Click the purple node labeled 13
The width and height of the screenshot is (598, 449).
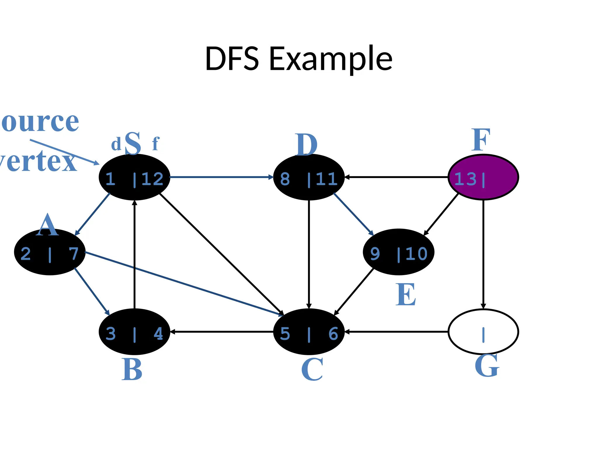coord(483,177)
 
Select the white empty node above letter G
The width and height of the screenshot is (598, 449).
coord(483,331)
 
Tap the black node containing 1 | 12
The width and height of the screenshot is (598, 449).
coord(134,177)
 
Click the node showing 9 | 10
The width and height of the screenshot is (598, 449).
coord(399,252)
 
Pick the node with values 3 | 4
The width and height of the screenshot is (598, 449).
coord(134,331)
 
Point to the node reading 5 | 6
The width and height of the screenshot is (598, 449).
coord(309,331)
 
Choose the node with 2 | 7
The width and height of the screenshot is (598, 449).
coord(50,252)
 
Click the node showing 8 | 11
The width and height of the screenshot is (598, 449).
coord(309,177)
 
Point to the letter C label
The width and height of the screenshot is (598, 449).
coord(312,369)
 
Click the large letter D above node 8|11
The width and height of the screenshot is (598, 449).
coord(306,144)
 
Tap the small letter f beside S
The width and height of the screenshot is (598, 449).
coord(156,144)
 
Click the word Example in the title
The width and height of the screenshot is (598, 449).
coord(331,59)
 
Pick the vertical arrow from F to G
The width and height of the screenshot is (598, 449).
coord(483,254)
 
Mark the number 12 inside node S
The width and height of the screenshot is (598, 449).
coord(152,179)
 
